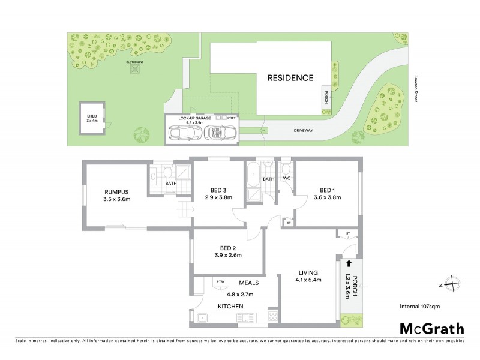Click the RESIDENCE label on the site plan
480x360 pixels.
pos(290,78)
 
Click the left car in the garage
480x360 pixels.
pos(184,133)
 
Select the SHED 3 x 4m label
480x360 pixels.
pos(92,118)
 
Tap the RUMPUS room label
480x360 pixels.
pos(116,196)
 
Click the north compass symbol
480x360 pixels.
pos(455,284)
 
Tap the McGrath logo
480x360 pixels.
pos(431,328)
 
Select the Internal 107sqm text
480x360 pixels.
pos(420,307)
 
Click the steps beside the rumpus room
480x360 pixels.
pos(183,210)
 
